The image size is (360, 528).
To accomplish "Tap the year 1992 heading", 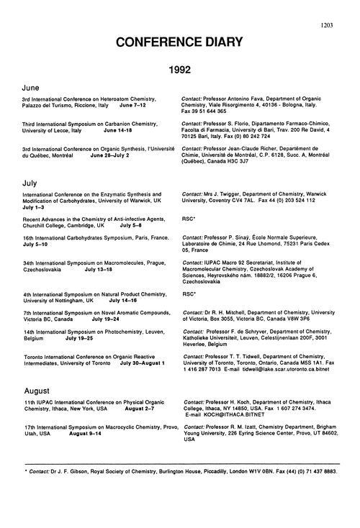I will click(180, 73).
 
